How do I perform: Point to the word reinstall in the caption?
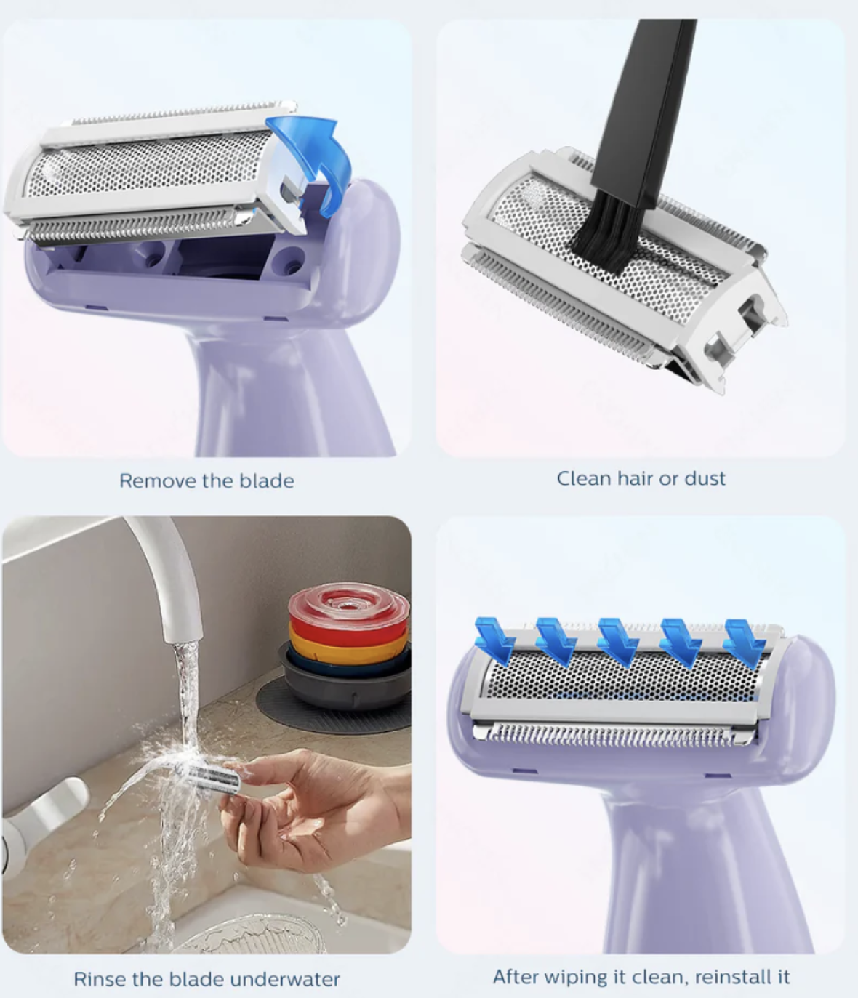coord(726,976)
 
